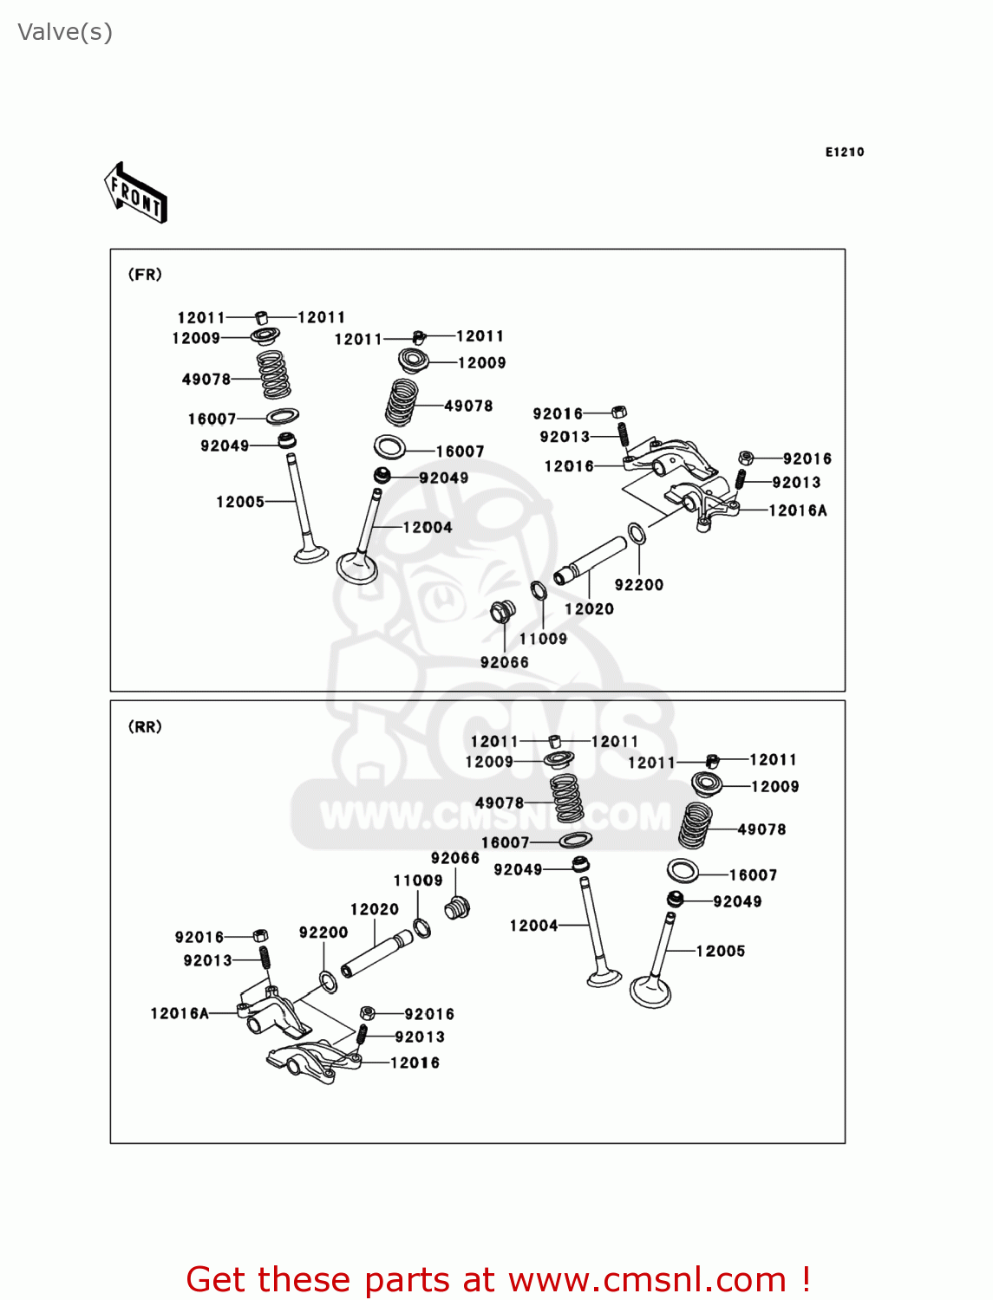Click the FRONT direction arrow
coord(135,193)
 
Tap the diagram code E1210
coord(844,152)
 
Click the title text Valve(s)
coord(65,32)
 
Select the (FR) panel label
coord(145,275)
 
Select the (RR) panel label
coord(145,726)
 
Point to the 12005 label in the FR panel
coord(239,502)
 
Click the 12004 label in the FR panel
coord(428,527)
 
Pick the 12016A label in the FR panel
coord(797,510)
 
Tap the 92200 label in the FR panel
coord(638,585)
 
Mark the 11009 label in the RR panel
coord(417,881)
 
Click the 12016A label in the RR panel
coord(180,1013)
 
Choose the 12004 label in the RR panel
coord(532,926)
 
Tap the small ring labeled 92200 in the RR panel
coord(329,982)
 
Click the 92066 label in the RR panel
coord(454,858)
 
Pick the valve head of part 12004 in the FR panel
coord(357,568)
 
